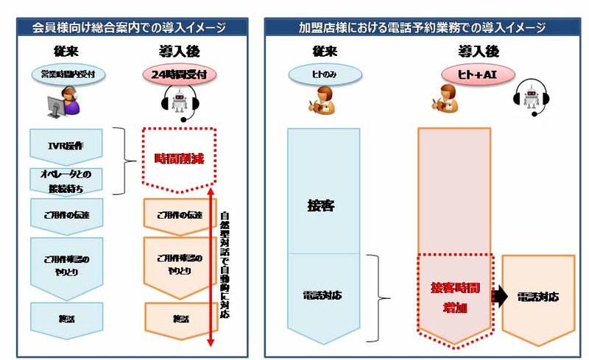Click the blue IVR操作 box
click(x=69, y=144)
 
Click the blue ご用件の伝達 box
click(x=69, y=215)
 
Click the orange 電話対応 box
click(x=538, y=297)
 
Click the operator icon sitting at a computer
click(x=62, y=102)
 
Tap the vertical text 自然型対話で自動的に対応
click(x=225, y=265)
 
